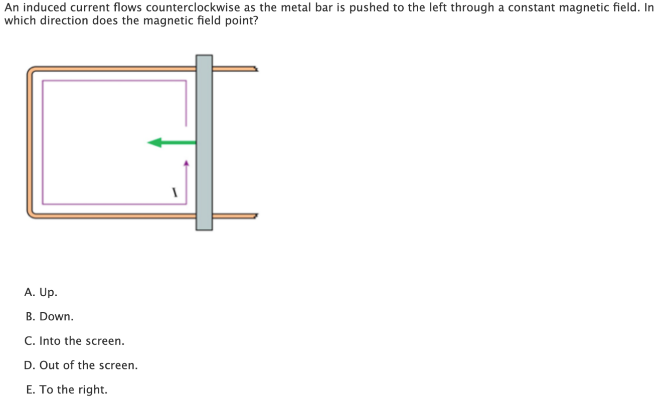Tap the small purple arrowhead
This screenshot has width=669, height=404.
(x=187, y=162)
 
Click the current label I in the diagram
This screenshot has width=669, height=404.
(x=175, y=192)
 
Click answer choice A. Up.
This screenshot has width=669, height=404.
(x=41, y=292)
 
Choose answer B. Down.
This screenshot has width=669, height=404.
(x=49, y=317)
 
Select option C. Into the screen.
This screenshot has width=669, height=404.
(x=74, y=341)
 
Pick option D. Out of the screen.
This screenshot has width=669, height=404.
(x=81, y=365)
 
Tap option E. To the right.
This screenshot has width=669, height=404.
(x=66, y=389)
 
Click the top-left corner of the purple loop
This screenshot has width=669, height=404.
(x=43, y=81)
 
